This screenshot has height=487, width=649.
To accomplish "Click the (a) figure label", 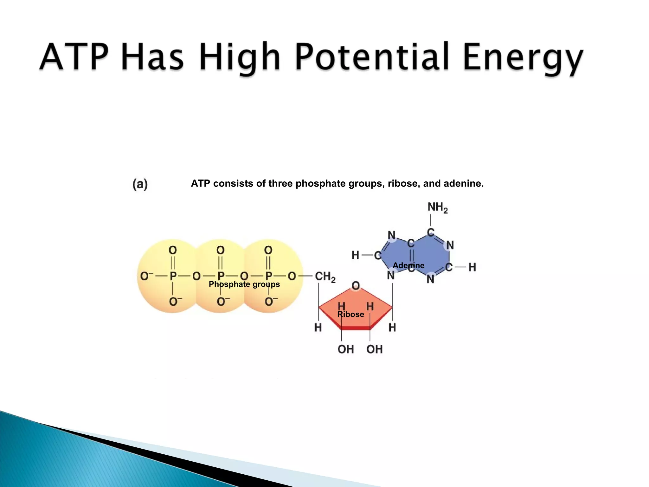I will tap(140, 184).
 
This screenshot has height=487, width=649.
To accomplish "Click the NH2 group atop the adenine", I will tap(437, 207).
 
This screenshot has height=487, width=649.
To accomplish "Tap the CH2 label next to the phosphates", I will tap(325, 276).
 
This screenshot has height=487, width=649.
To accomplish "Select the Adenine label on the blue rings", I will tap(408, 265).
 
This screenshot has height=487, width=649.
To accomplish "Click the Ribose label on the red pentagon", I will tap(350, 314).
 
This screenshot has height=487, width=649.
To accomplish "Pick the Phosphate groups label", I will tap(244, 284).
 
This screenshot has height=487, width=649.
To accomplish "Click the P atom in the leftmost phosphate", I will tap(173, 276).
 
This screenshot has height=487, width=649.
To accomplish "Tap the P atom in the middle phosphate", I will tap(221, 276).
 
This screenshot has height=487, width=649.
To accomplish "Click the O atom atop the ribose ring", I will tap(356, 286).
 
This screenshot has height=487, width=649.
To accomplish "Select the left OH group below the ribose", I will tap(345, 349).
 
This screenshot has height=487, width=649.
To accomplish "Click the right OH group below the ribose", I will tap(374, 349).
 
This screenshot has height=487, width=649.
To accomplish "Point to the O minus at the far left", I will tap(146, 276).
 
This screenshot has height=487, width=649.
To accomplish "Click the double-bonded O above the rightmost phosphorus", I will tap(268, 250).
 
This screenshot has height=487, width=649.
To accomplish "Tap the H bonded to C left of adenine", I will tap(355, 255).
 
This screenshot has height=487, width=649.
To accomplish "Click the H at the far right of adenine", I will tap(472, 267).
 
